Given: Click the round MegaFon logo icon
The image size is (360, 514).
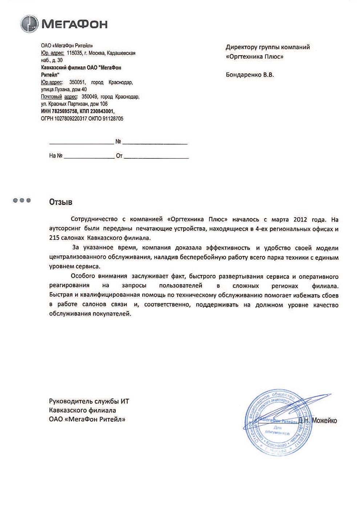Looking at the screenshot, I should (x=29, y=24).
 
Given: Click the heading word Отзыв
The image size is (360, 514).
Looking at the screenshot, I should (x=61, y=202).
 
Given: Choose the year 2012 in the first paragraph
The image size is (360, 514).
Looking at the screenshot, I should (x=301, y=219).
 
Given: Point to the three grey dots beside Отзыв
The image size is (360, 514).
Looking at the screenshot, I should (x=22, y=200).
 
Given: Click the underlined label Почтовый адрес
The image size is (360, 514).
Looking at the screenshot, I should (x=59, y=97).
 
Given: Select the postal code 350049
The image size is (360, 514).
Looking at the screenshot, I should (x=90, y=97).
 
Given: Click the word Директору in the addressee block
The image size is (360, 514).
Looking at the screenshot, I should (x=241, y=47).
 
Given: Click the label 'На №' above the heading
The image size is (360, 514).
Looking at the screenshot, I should (x=56, y=156).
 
